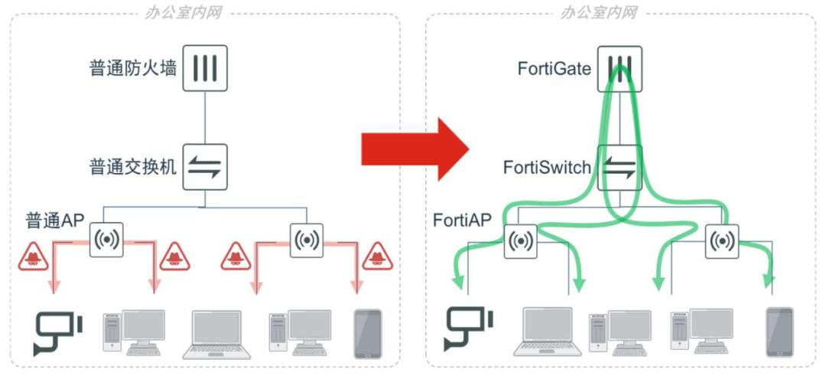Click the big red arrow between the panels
(414, 149)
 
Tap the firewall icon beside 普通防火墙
(205, 68)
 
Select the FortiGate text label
(554, 70)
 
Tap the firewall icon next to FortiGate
(619, 68)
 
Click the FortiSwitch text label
(546, 167)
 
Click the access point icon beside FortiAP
(521, 240)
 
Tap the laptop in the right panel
(546, 332)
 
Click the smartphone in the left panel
(367, 334)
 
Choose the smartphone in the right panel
(779, 332)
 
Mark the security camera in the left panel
(57, 332)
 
